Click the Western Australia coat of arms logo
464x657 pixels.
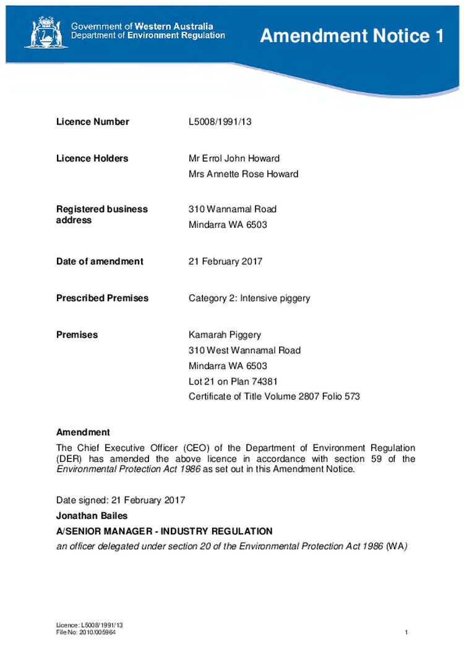click(43, 32)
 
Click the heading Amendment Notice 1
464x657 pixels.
click(351, 36)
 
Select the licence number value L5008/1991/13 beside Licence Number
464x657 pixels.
click(220, 122)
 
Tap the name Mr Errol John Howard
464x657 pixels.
click(234, 159)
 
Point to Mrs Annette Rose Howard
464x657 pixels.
click(243, 174)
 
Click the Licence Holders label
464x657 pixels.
click(92, 159)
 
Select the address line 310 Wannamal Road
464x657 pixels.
click(232, 209)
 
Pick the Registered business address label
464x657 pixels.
click(101, 214)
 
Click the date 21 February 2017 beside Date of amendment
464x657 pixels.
click(225, 261)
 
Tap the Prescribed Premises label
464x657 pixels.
click(102, 298)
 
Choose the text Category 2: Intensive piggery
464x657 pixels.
click(249, 298)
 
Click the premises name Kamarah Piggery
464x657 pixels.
click(225, 335)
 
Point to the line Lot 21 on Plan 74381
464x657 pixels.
click(228, 381)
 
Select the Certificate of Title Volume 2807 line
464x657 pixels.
click(274, 396)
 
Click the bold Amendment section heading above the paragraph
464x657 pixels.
click(83, 432)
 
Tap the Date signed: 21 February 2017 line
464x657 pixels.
click(121, 500)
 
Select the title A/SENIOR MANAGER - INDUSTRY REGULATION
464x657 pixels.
click(164, 531)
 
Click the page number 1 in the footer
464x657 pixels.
click(406, 632)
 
